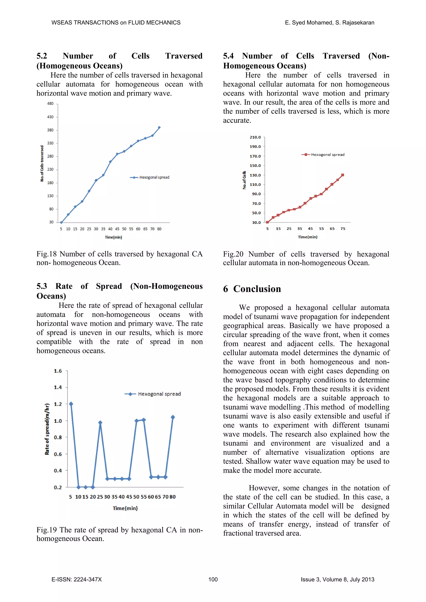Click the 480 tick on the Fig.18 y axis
pos(50,104)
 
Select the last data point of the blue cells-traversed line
pos(159,127)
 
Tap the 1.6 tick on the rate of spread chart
pos(58,371)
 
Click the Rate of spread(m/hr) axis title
pos(47,429)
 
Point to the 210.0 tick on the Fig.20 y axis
pos(255,137)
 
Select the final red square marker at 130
pos(343,175)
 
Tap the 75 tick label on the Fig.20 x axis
pos(343,229)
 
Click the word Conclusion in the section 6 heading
pos(257,289)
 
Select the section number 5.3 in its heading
pos(42,286)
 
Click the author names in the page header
pos(329,22)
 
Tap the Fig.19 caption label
pos(46,530)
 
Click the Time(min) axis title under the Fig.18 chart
pos(113,237)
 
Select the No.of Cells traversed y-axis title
pos(42,163)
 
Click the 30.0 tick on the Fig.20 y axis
pos(256,223)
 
